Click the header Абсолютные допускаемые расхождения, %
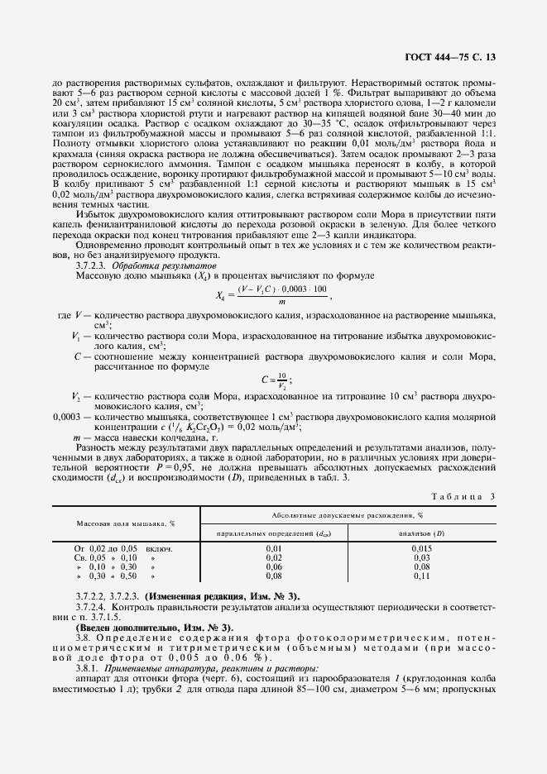[348, 514]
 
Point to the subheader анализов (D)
[422, 533]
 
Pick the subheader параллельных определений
[274, 533]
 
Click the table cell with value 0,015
[422, 548]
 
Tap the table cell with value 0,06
[274, 566]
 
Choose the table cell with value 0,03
[422, 557]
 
